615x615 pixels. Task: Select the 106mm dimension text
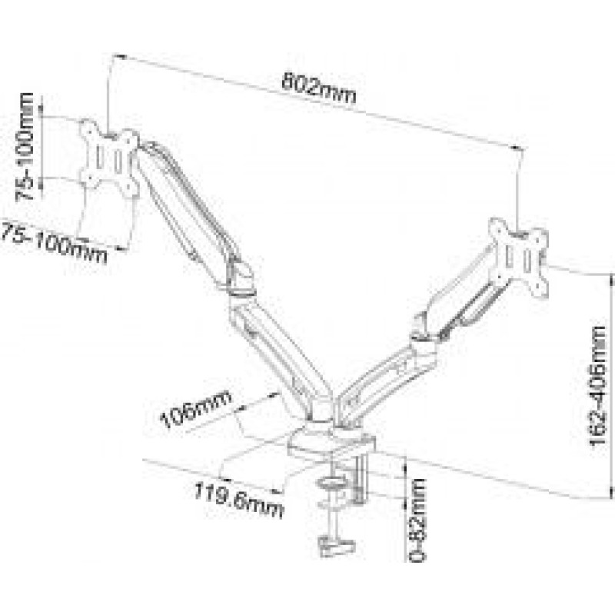click(x=196, y=409)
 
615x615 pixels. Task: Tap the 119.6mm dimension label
click(x=238, y=500)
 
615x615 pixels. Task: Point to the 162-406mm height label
click(x=598, y=386)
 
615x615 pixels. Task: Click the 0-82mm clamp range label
click(x=417, y=520)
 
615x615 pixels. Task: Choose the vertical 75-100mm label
click(x=25, y=147)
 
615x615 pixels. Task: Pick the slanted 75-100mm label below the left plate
click(x=53, y=242)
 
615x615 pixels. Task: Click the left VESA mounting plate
click(x=109, y=158)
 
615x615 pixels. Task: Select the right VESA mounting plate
click(x=518, y=258)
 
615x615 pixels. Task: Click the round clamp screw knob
click(x=331, y=483)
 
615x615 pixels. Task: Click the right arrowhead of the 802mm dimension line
click(x=520, y=148)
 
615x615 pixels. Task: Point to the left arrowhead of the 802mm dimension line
click(x=118, y=56)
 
